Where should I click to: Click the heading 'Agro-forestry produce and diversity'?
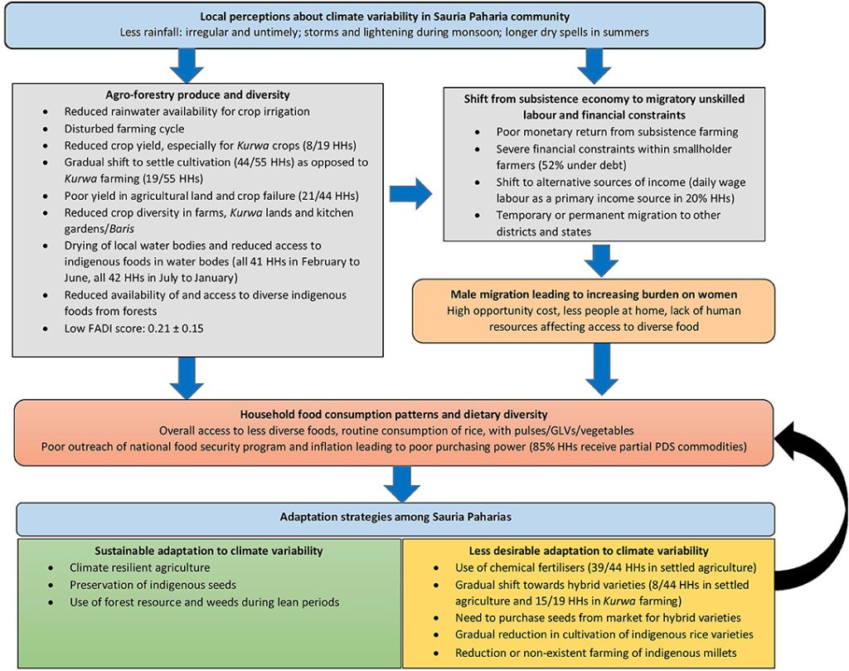197,95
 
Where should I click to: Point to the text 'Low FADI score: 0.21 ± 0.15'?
133,328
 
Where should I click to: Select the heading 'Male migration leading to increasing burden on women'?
593,294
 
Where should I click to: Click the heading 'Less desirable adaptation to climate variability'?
587,550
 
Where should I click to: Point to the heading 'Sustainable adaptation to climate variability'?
209,550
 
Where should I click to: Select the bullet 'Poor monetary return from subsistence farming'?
617,131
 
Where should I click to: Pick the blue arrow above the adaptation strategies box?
401,483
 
